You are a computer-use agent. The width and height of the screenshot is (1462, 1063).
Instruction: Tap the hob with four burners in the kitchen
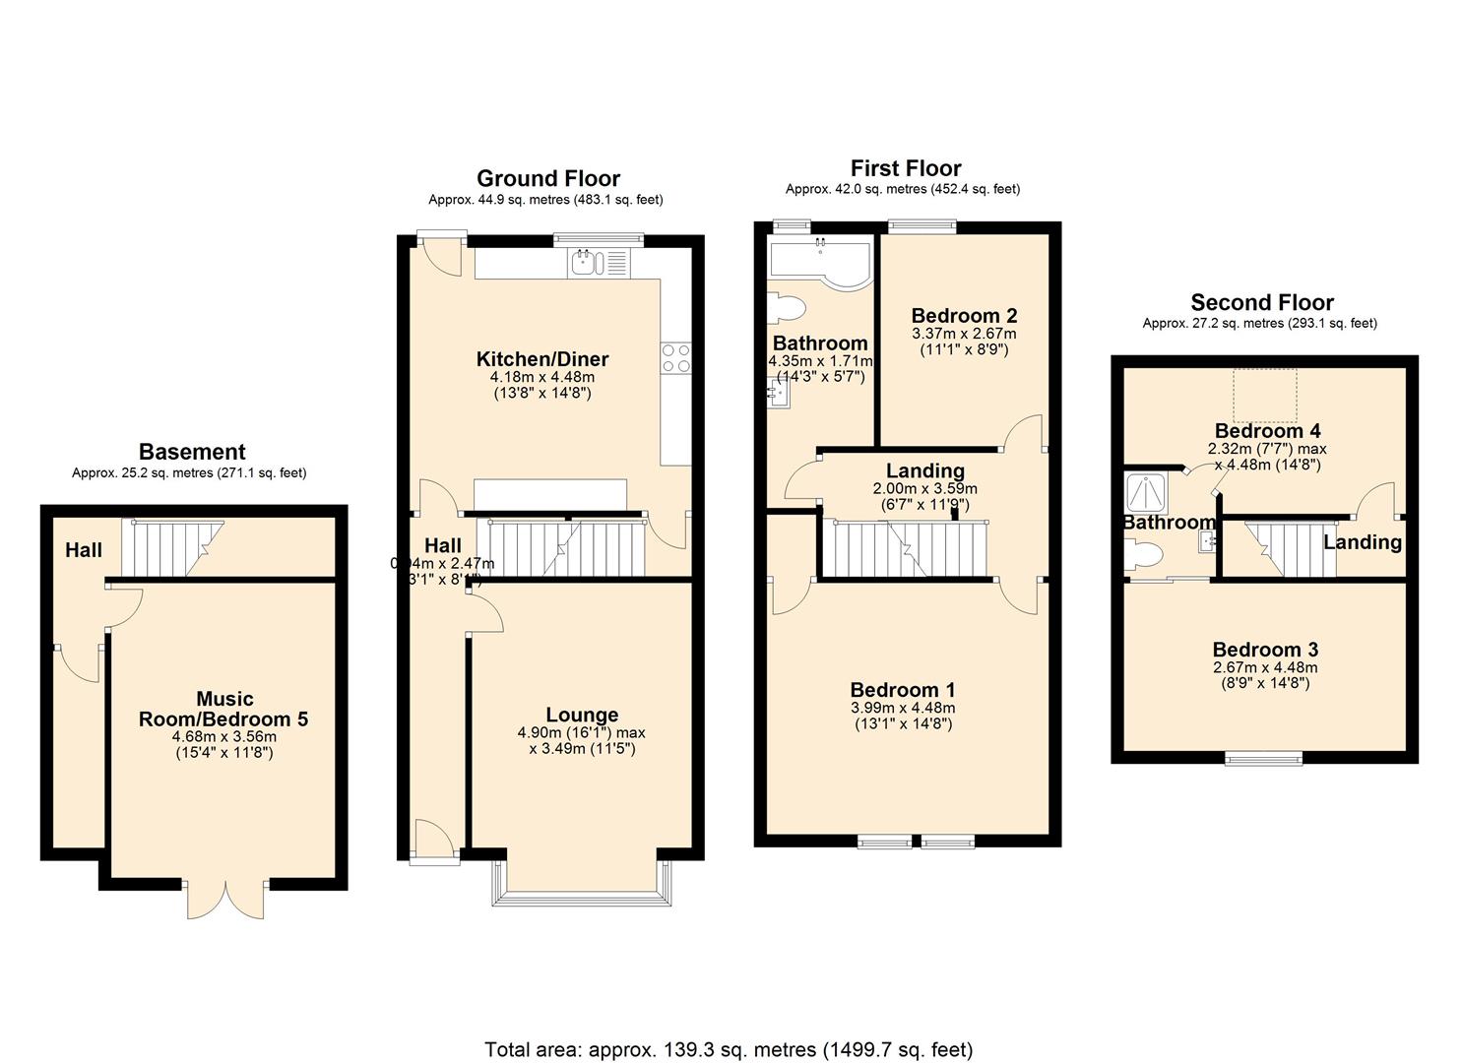(675, 357)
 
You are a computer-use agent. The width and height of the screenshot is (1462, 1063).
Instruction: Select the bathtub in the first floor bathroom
(820, 263)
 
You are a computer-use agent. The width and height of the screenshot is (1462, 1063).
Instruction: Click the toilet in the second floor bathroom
(1141, 557)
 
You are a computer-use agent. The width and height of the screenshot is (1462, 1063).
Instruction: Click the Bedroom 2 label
(963, 316)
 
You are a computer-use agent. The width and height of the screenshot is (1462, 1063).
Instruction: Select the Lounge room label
(581, 715)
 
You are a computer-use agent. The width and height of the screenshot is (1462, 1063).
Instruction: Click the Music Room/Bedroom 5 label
(223, 709)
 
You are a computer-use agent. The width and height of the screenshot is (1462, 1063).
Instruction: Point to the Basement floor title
(192, 452)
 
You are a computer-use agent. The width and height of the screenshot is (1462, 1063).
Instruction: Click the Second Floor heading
(1261, 302)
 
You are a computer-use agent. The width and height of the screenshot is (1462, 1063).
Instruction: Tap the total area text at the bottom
(728, 1048)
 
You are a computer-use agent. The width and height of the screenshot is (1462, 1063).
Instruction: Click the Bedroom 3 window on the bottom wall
(1263, 758)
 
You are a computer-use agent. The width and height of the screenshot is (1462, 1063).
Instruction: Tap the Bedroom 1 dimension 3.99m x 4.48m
(902, 708)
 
